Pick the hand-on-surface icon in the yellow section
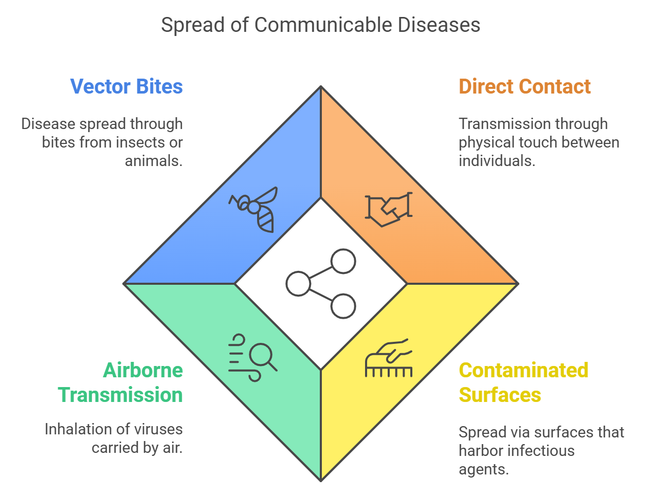tap(389, 358)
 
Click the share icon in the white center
tap(321, 284)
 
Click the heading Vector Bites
tap(126, 87)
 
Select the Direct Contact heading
tap(524, 87)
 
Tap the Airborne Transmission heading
tap(121, 382)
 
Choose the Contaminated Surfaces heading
tap(523, 382)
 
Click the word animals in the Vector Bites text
tap(153, 161)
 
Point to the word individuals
tap(497, 161)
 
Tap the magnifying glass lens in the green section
tap(261, 355)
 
